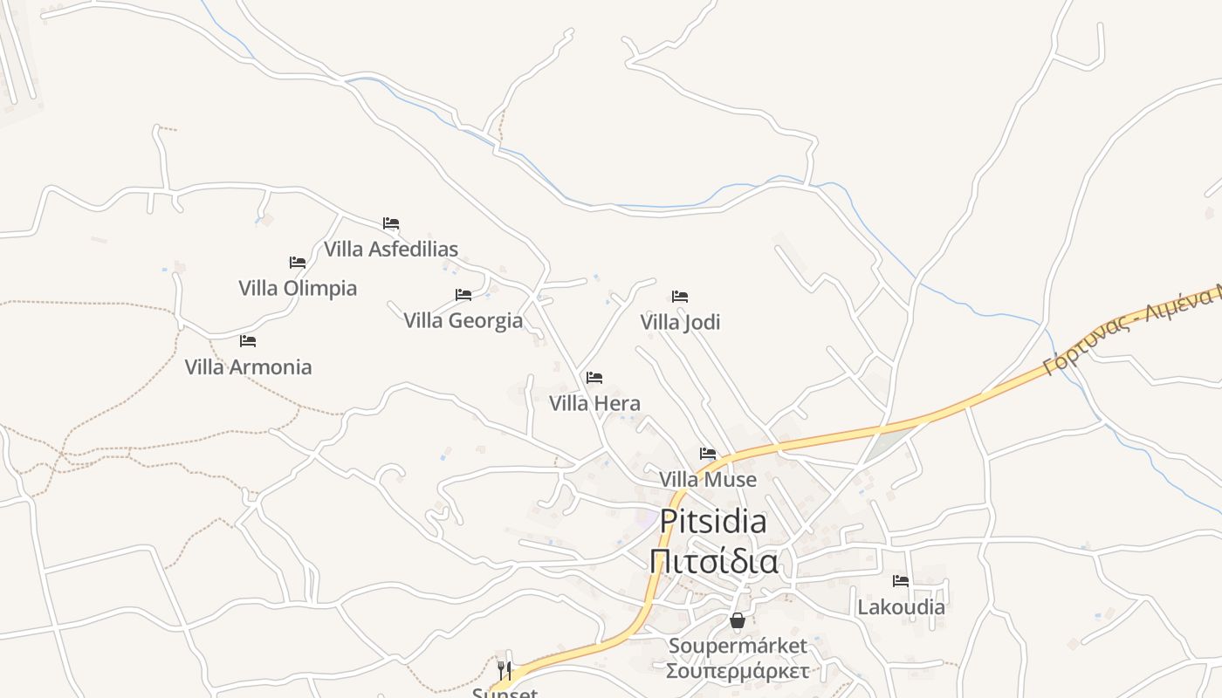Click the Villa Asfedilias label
coord(391,250)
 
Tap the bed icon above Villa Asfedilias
coord(391,224)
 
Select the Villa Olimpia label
coord(298,288)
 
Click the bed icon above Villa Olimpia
coord(298,263)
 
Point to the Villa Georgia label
coord(463,320)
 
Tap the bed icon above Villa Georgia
coord(463,295)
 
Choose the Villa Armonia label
coord(248,366)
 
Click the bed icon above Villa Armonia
coord(248,341)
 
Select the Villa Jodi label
coord(680,322)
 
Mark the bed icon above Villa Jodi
coord(680,297)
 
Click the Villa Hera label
coord(594,403)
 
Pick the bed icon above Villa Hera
coord(594,378)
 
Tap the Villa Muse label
coord(708,479)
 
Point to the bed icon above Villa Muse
coord(708,454)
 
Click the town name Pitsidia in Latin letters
coord(713,522)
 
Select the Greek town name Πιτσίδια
coord(713,561)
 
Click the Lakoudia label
coord(901,606)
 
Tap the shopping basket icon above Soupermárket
coord(738,620)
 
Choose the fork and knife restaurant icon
coord(505,670)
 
